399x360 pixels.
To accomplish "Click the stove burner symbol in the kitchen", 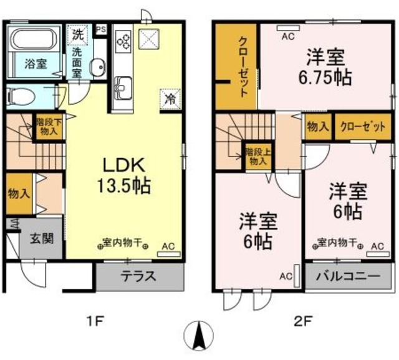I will [x=123, y=41].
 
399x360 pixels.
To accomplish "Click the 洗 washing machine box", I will [x=79, y=34].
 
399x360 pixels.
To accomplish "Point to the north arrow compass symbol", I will [x=200, y=337].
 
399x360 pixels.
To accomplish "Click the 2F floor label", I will [x=301, y=322].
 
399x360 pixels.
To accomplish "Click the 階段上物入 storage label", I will [x=256, y=155].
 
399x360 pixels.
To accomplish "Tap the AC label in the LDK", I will [x=168, y=246].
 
